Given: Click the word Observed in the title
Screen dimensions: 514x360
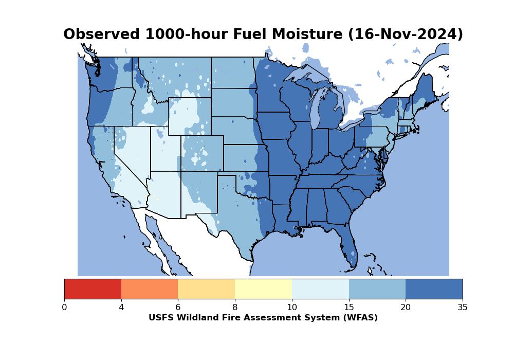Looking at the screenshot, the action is tap(102, 34).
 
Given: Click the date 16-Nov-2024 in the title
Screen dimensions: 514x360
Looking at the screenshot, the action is tap(406, 34).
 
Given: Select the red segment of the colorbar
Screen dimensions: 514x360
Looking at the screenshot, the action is tap(93, 289).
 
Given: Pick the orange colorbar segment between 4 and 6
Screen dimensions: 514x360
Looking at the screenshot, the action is tap(150, 289).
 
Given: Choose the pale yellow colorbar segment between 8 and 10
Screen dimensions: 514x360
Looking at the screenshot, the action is tap(264, 289).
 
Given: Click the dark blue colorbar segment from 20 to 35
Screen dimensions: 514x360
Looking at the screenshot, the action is tap(434, 289).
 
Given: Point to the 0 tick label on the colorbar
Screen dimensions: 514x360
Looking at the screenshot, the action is tap(64, 307).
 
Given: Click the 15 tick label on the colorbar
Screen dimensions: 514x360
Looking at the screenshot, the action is tap(349, 307).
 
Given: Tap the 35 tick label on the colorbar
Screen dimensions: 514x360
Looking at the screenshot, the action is tap(463, 307).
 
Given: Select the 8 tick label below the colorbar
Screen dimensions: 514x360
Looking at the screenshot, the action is tap(235, 307).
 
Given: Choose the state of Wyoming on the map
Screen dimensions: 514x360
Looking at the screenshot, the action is tap(190, 116).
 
